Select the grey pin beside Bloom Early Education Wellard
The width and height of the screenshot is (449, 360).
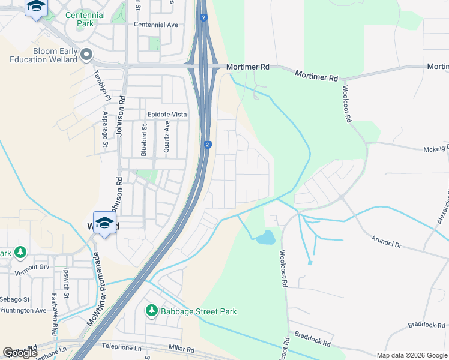86,55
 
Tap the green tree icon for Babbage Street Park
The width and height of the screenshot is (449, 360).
152,311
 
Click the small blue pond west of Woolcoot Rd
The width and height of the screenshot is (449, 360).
265,238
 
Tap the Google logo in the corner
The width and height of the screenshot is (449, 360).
20,353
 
